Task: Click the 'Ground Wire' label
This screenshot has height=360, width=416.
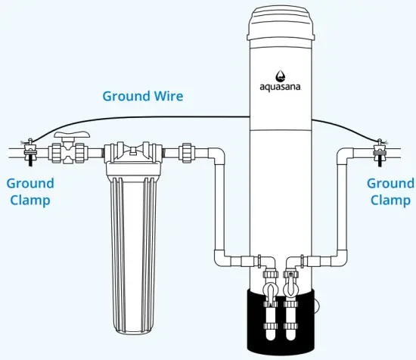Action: (143, 96)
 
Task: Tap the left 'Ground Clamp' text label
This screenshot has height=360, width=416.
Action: (30, 192)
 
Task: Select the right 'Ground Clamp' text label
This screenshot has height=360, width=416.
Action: (390, 192)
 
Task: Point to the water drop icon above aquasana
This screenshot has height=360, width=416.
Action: (281, 75)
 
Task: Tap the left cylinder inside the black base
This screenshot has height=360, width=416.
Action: (269, 318)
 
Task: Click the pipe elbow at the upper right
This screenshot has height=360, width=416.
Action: (344, 156)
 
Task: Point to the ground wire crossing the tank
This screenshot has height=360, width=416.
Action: (281, 116)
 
